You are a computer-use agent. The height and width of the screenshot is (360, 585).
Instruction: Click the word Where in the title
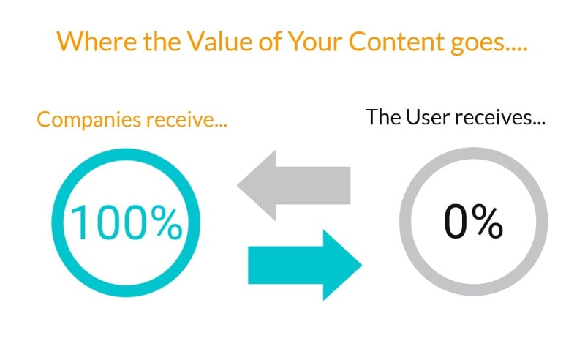[97, 41]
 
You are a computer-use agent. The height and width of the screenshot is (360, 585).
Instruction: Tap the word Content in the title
[396, 41]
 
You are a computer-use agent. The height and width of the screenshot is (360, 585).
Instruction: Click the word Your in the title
[315, 41]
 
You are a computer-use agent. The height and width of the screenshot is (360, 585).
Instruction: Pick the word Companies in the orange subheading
[89, 120]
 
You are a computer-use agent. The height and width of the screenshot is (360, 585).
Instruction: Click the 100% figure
[126, 223]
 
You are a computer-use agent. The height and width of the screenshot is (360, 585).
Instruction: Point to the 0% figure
[473, 222]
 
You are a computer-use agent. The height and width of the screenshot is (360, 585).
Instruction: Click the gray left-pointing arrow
[294, 185]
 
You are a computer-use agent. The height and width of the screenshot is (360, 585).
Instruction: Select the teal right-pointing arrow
[305, 265]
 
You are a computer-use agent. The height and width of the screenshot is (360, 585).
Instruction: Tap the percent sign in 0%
[486, 222]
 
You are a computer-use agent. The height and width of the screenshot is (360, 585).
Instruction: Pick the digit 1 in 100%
[79, 223]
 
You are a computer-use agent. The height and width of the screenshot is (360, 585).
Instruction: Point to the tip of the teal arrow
[362, 265]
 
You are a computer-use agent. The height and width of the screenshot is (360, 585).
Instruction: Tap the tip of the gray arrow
[237, 185]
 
